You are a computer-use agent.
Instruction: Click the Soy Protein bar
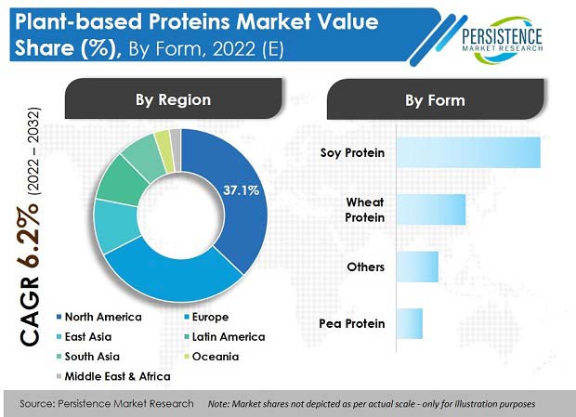click(469, 152)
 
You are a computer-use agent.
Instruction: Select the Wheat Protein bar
click(431, 210)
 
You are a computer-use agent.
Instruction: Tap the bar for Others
click(418, 267)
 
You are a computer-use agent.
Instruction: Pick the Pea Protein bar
click(410, 323)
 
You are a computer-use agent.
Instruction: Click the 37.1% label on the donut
click(241, 190)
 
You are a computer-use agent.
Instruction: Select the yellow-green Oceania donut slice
click(164, 150)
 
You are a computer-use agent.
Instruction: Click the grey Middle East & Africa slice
click(176, 150)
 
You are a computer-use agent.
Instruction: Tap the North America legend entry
click(99, 317)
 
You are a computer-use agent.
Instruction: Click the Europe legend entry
click(206, 317)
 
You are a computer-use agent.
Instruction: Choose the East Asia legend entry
click(85, 336)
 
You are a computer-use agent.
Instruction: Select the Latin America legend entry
click(225, 336)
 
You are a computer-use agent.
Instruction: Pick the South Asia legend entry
click(88, 357)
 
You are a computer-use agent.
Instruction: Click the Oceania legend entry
click(211, 357)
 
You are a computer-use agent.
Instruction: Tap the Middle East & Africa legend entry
click(113, 376)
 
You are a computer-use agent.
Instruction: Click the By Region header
click(174, 98)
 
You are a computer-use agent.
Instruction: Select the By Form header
click(436, 99)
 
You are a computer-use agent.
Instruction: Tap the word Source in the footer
click(36, 404)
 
